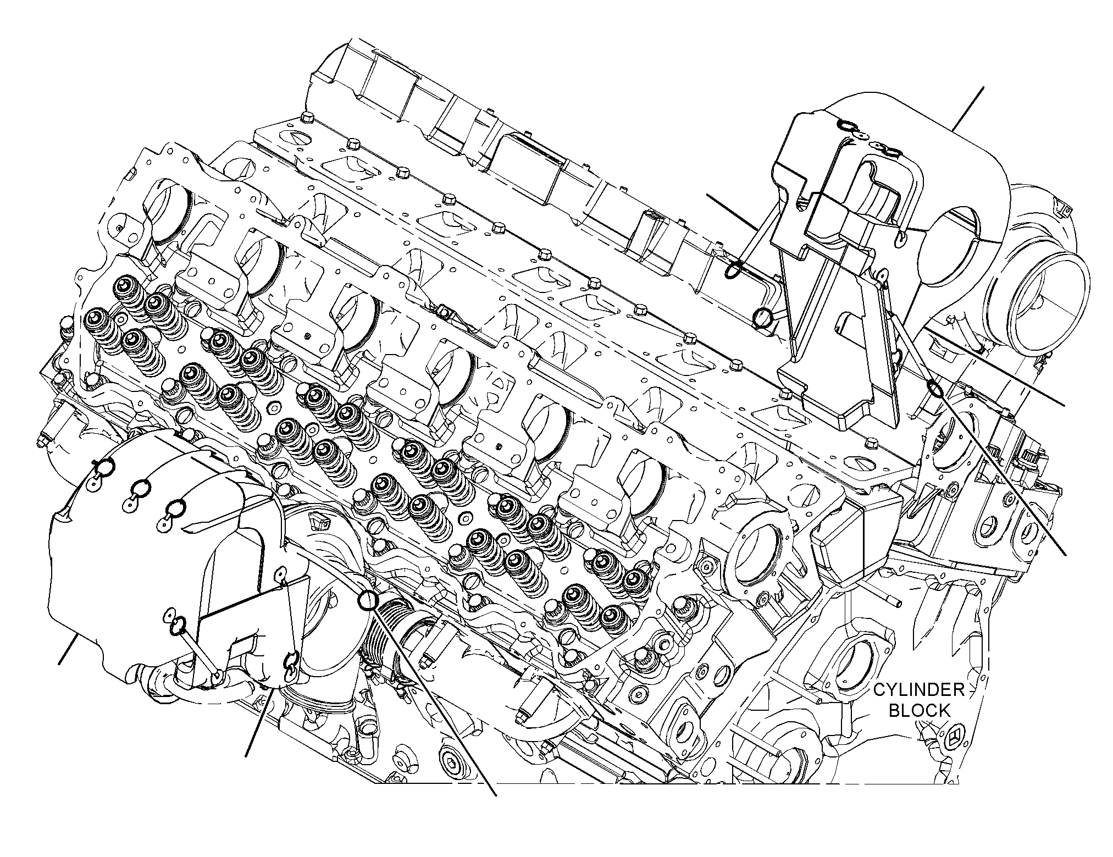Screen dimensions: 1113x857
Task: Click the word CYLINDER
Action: click(x=920, y=690)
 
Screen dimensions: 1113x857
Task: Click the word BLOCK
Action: click(x=920, y=711)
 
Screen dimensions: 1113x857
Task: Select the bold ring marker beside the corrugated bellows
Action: click(x=368, y=600)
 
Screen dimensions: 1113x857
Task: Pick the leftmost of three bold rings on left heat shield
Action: click(x=105, y=467)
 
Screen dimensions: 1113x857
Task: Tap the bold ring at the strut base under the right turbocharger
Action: click(x=934, y=389)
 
